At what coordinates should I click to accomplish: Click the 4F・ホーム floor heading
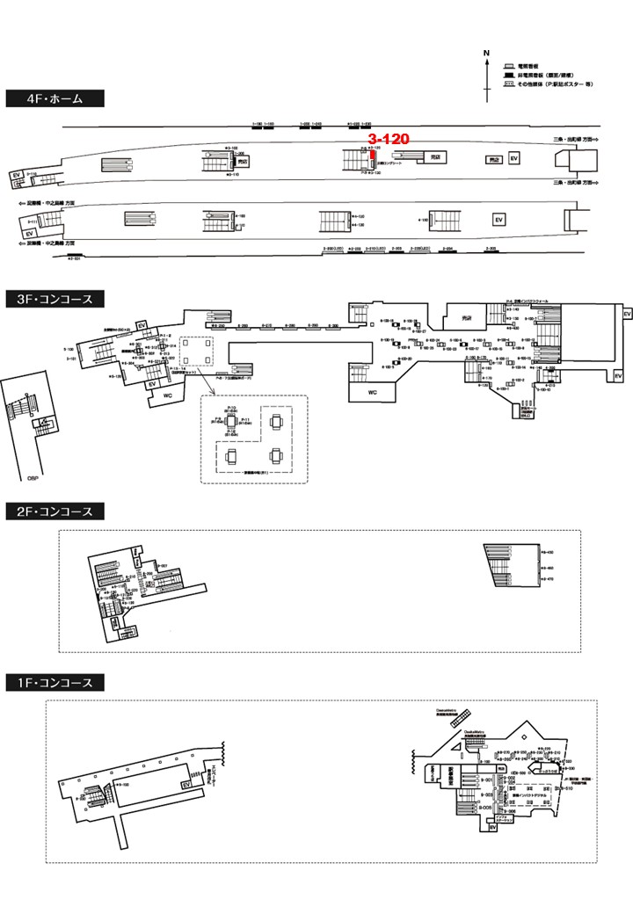[x=55, y=98]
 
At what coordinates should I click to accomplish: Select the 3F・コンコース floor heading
[x=55, y=299]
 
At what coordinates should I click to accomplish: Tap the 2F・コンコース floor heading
[x=55, y=511]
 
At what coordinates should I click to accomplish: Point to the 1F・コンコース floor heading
[x=55, y=682]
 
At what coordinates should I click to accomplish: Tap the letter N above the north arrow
[x=486, y=54]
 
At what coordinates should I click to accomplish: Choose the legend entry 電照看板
[x=527, y=67]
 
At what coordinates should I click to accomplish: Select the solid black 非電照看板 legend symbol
[x=508, y=76]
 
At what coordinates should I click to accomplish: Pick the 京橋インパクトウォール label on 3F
[x=530, y=301]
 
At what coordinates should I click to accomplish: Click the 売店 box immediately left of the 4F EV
[x=493, y=160]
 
